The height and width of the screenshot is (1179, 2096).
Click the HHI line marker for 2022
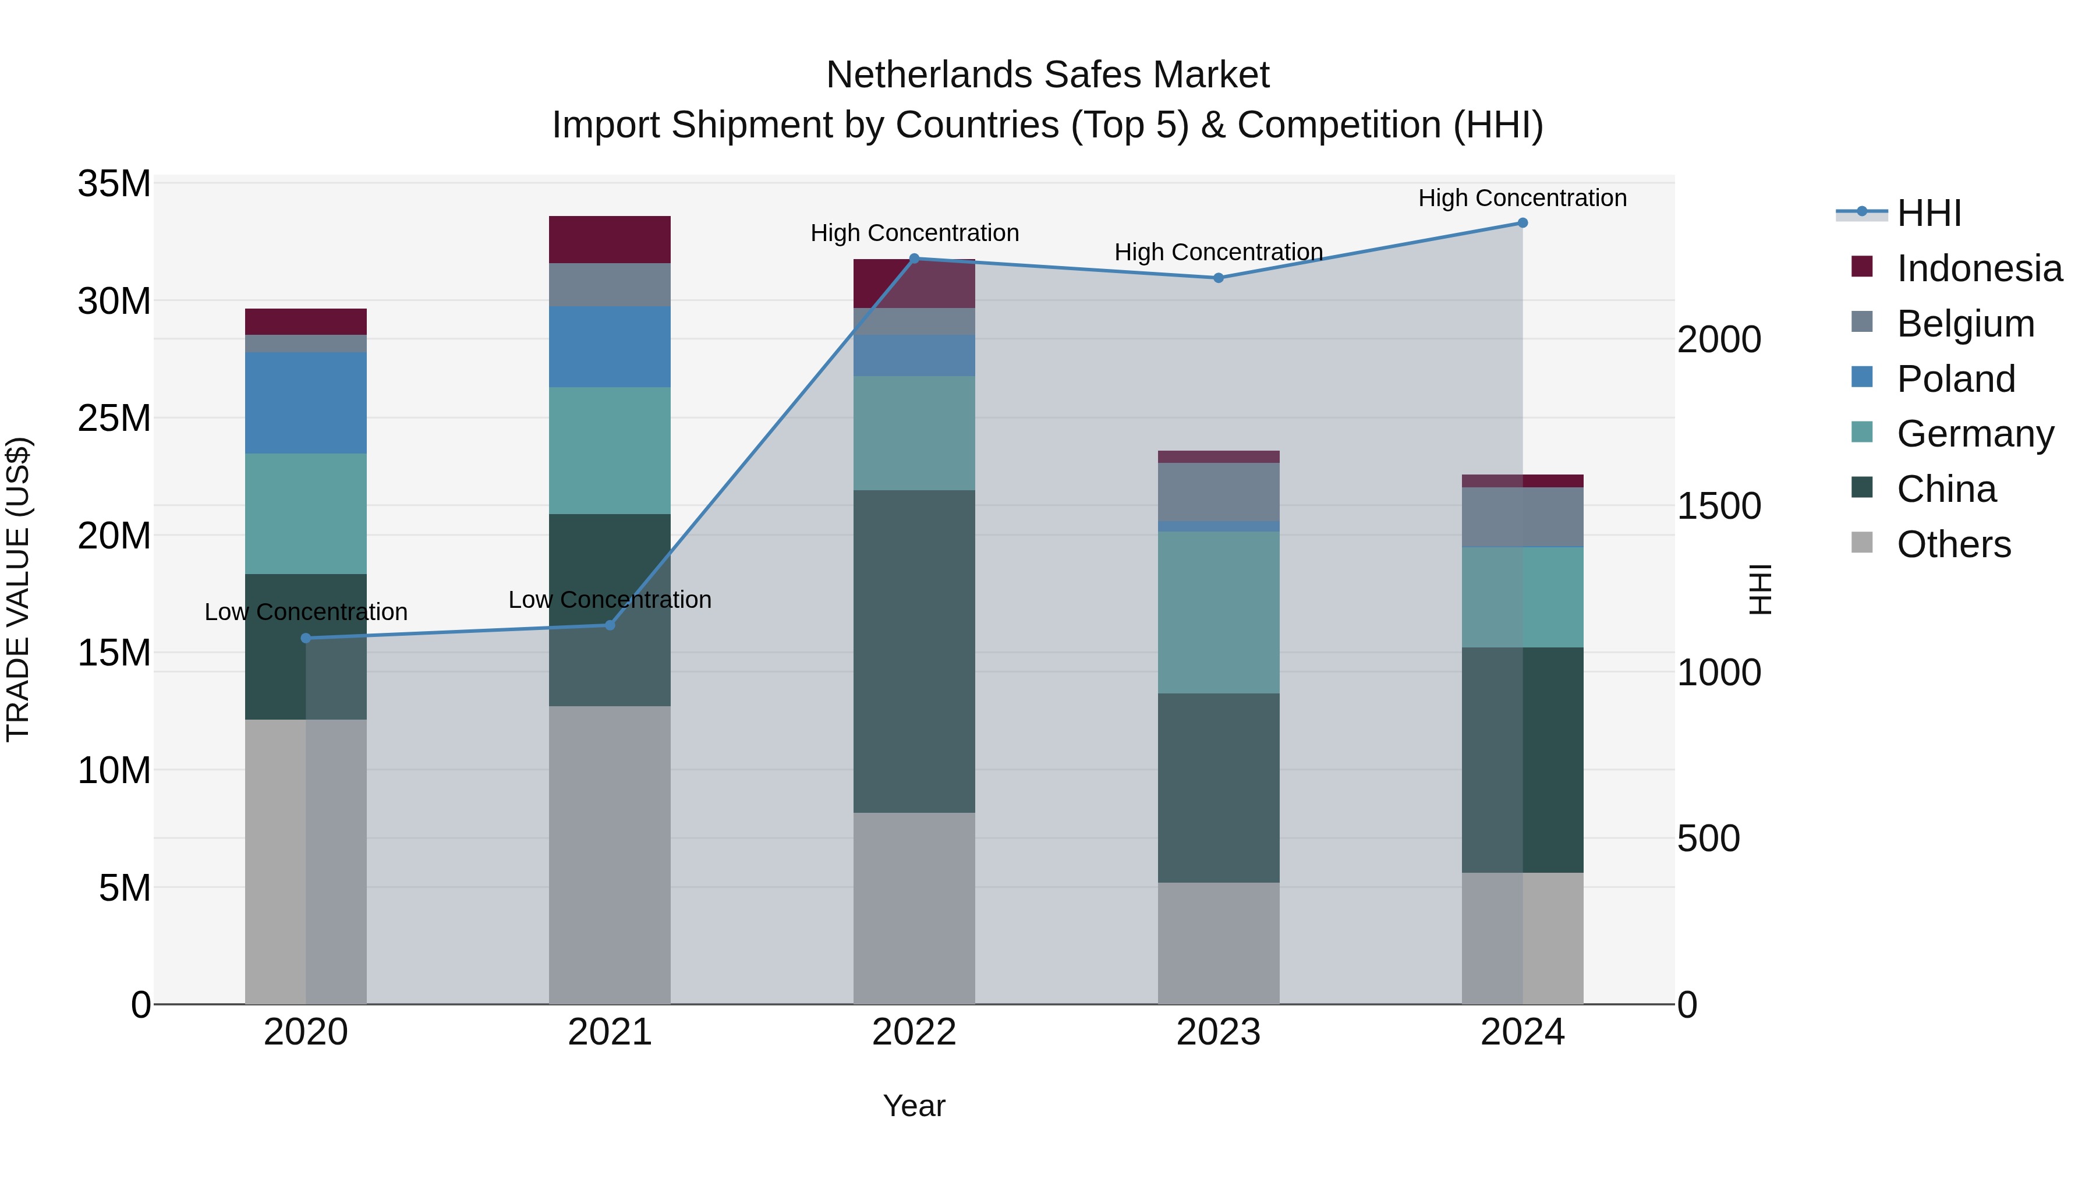coord(914,259)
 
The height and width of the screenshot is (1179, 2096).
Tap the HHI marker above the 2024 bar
coord(1523,223)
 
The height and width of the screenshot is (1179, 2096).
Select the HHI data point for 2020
coord(306,638)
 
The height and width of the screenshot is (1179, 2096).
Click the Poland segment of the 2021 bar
coord(610,346)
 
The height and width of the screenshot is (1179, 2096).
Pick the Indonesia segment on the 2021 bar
coord(610,239)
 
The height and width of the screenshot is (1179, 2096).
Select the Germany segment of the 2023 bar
coord(1218,612)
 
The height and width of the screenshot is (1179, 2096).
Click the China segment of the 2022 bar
coord(914,651)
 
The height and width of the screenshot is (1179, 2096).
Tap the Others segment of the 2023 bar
coord(1218,943)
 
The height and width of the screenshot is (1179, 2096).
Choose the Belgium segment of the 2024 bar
coord(1523,518)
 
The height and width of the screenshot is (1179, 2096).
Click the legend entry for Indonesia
coord(1979,268)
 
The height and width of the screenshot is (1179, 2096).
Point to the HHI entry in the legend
coord(1928,213)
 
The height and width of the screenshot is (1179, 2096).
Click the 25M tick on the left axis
coord(114,418)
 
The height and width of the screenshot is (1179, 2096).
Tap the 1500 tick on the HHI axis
coord(1719,506)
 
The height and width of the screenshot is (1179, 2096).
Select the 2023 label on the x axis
coord(1218,1032)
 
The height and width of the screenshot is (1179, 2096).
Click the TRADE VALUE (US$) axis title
coord(18,589)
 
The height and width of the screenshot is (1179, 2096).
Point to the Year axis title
coord(914,1106)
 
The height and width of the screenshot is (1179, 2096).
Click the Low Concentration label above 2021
coord(610,600)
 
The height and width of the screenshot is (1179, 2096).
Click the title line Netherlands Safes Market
coord(1047,75)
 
